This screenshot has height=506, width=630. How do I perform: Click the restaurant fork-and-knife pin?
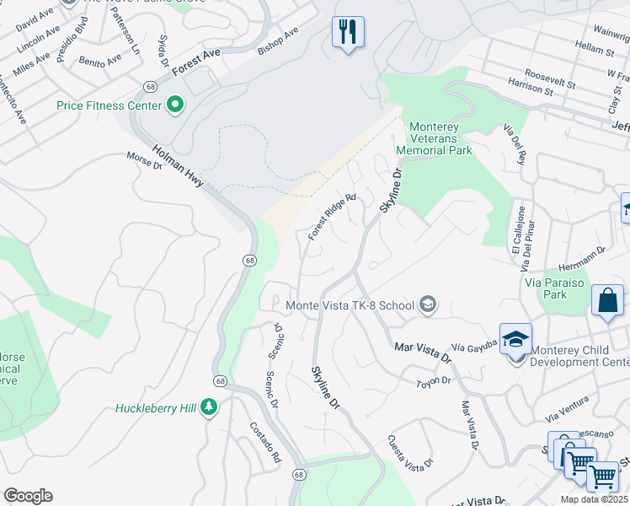pyautogui.click(x=348, y=32)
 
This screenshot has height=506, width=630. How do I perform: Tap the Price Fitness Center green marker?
pyautogui.click(x=175, y=105)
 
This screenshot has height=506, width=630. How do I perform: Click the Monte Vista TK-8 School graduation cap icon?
pyautogui.click(x=428, y=304)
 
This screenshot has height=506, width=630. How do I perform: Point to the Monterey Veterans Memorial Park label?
pyautogui.click(x=440, y=138)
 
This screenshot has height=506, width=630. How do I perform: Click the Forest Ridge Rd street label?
pyautogui.click(x=332, y=218)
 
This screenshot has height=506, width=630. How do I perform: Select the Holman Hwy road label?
pyautogui.click(x=178, y=166)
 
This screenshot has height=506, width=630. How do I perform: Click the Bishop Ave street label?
pyautogui.click(x=278, y=43)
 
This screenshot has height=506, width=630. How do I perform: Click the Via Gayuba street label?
pyautogui.click(x=470, y=347)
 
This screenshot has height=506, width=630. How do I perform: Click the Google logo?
pyautogui.click(x=28, y=496)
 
